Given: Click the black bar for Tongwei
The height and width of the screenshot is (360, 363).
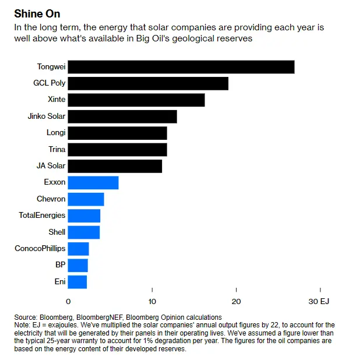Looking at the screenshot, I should (x=181, y=67).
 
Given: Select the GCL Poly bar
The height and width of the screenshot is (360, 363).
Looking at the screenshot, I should (x=148, y=83).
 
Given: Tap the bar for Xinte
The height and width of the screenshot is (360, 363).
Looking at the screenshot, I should (x=136, y=100).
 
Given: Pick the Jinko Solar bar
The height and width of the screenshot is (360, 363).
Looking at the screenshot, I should (x=122, y=117).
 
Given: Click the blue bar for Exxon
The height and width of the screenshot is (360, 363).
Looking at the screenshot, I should (x=93, y=182).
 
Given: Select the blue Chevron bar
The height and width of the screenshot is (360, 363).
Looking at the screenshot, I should (x=86, y=199).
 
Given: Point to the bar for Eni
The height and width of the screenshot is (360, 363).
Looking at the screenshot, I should (x=77, y=282).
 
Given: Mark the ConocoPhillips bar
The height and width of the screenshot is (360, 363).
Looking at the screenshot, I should (x=78, y=249).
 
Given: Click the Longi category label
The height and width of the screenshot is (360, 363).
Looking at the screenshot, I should (x=57, y=133).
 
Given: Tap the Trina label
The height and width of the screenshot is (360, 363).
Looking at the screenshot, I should (x=57, y=150).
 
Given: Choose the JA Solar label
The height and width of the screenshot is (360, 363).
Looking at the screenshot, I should (x=51, y=166).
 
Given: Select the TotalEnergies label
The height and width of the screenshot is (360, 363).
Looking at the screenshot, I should (x=42, y=216).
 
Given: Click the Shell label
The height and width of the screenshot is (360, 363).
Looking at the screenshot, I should (x=57, y=232).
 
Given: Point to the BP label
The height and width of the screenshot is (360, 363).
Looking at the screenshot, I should (x=60, y=265).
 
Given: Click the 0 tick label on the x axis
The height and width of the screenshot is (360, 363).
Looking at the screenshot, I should (x=68, y=302).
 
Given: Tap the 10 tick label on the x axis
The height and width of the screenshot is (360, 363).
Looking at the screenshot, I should (x=152, y=302).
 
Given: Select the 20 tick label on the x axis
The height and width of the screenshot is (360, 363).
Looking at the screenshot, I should (x=236, y=302).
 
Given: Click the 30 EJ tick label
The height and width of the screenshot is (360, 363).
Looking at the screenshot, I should (x=319, y=302).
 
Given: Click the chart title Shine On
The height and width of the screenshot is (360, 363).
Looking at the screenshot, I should (x=37, y=13).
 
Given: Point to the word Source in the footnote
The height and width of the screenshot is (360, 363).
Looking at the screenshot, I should (x=26, y=317).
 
